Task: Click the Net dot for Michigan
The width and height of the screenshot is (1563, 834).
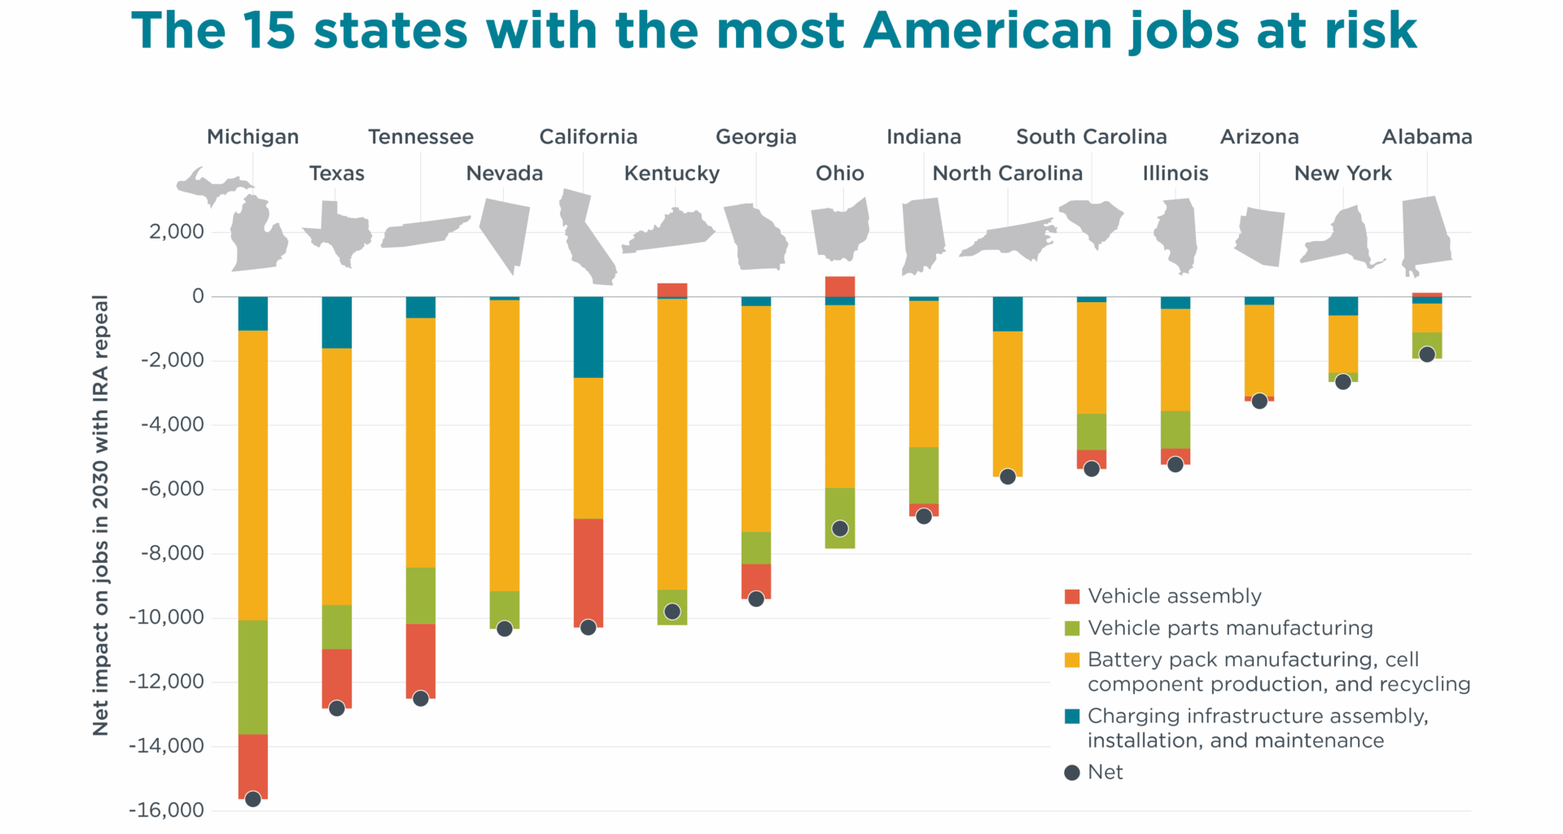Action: click(252, 799)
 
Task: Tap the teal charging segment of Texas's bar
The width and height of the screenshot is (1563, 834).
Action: click(336, 323)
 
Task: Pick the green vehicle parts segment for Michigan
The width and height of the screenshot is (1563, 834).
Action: click(252, 676)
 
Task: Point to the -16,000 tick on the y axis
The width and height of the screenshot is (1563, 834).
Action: click(166, 810)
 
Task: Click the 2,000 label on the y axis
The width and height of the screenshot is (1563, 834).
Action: click(176, 232)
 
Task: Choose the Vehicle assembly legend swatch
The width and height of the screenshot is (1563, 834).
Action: click(1072, 596)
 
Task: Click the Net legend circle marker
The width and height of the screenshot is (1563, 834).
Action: click(1072, 772)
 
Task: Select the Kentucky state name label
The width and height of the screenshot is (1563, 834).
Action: click(672, 173)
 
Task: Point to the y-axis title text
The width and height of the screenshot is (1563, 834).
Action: click(100, 515)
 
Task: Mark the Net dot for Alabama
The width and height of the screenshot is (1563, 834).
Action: click(1426, 354)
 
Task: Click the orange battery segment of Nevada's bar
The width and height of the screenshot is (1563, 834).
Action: click(504, 445)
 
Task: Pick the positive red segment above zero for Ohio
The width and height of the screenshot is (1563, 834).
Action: click(839, 287)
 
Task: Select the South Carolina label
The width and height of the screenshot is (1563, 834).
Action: click(1091, 137)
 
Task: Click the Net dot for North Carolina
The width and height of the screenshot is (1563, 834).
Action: click(1008, 476)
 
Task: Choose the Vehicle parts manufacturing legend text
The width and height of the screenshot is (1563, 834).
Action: click(1230, 628)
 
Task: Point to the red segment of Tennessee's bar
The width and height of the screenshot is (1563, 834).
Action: click(420, 660)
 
